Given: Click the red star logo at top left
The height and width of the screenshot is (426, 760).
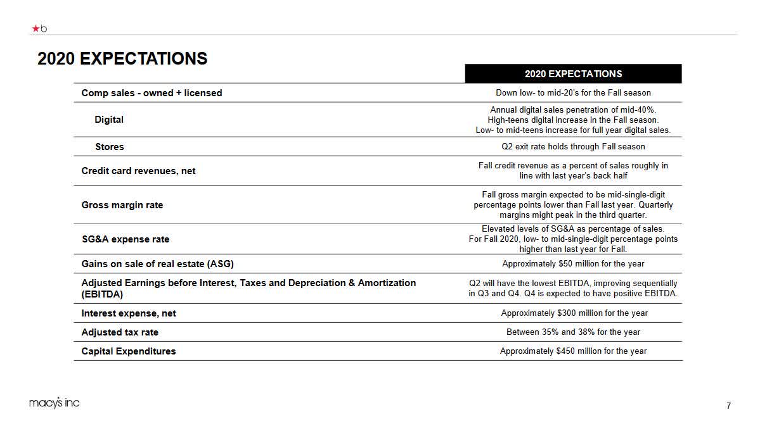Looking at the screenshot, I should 35,28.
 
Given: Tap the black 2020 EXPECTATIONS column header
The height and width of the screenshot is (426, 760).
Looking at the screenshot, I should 573,74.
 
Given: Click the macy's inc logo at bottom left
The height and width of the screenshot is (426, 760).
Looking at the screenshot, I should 55,403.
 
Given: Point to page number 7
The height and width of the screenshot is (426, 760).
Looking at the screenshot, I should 729,406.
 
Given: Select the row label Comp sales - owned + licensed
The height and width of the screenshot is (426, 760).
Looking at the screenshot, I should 151,93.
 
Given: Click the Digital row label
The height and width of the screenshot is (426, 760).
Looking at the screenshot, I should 109,120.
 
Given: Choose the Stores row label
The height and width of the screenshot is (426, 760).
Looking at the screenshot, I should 110,147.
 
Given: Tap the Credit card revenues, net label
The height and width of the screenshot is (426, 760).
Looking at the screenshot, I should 138,171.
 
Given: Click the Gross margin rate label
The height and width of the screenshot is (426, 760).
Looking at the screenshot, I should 122,205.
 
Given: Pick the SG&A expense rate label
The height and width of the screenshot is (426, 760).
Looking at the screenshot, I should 125,239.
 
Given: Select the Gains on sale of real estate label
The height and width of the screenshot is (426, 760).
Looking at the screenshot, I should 162,264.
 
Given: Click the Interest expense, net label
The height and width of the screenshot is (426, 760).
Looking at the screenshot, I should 129,313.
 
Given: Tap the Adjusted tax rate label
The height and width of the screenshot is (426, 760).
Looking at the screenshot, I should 120,332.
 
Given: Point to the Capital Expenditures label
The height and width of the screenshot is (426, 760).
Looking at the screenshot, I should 128,351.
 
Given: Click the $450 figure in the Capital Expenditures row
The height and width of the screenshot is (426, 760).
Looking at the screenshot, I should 566,351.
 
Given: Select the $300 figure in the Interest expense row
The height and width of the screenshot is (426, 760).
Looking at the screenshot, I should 567,313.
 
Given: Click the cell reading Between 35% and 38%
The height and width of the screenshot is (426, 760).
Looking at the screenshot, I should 573,332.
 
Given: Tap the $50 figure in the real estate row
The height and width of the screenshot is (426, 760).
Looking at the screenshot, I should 566,264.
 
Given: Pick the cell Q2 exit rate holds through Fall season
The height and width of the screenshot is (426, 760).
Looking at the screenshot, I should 573,147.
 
